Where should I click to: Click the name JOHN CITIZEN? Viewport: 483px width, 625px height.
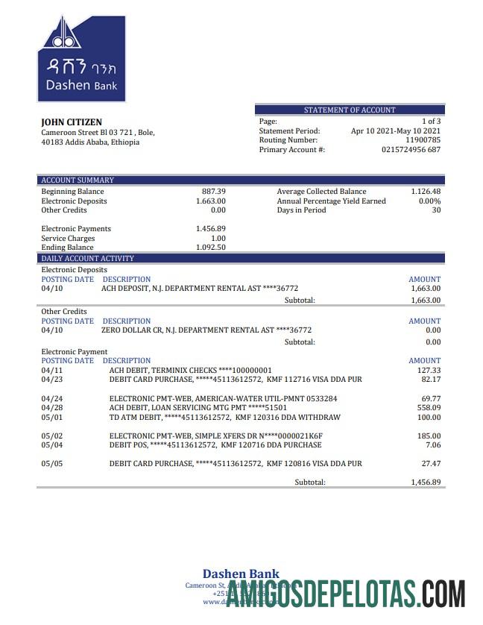pos(72,122)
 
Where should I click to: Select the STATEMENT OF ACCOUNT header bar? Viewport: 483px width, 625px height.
pos(350,110)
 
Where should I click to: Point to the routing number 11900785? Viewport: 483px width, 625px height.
pos(423,140)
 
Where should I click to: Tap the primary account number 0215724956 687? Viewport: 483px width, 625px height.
pos(411,150)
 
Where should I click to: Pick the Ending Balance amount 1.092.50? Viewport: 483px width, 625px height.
pos(211,248)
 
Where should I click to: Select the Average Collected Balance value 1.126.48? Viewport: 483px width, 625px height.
pos(426,192)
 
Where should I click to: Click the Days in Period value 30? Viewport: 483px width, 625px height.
pos(436,210)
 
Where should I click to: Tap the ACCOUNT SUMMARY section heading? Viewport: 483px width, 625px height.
pos(78,180)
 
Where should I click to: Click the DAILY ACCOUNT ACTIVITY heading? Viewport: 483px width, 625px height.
pos(87,258)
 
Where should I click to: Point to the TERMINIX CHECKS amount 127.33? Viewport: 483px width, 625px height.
pos(429,370)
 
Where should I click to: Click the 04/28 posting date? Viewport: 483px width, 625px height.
pos(52,408)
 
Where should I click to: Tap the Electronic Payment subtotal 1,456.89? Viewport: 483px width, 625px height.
pos(426,483)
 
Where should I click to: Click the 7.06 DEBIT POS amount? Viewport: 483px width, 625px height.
pos(433,445)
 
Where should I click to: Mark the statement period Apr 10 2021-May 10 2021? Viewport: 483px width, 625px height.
pos(395,131)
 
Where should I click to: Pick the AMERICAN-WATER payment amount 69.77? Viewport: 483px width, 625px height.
pos(431,399)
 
